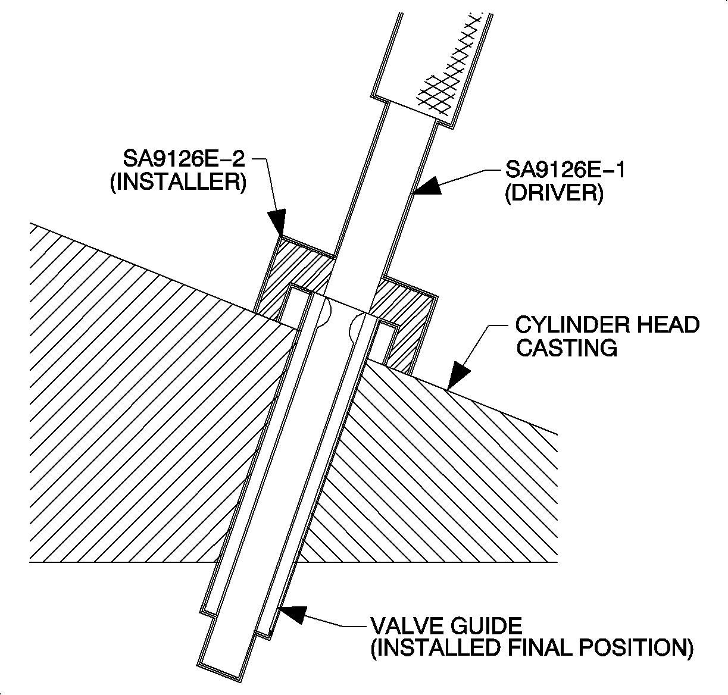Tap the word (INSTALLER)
point(178,181)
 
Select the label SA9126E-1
point(565,171)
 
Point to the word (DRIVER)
point(554,194)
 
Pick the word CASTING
point(566,347)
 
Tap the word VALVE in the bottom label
point(402,626)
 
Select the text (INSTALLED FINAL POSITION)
point(532,648)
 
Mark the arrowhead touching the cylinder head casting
point(458,377)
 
